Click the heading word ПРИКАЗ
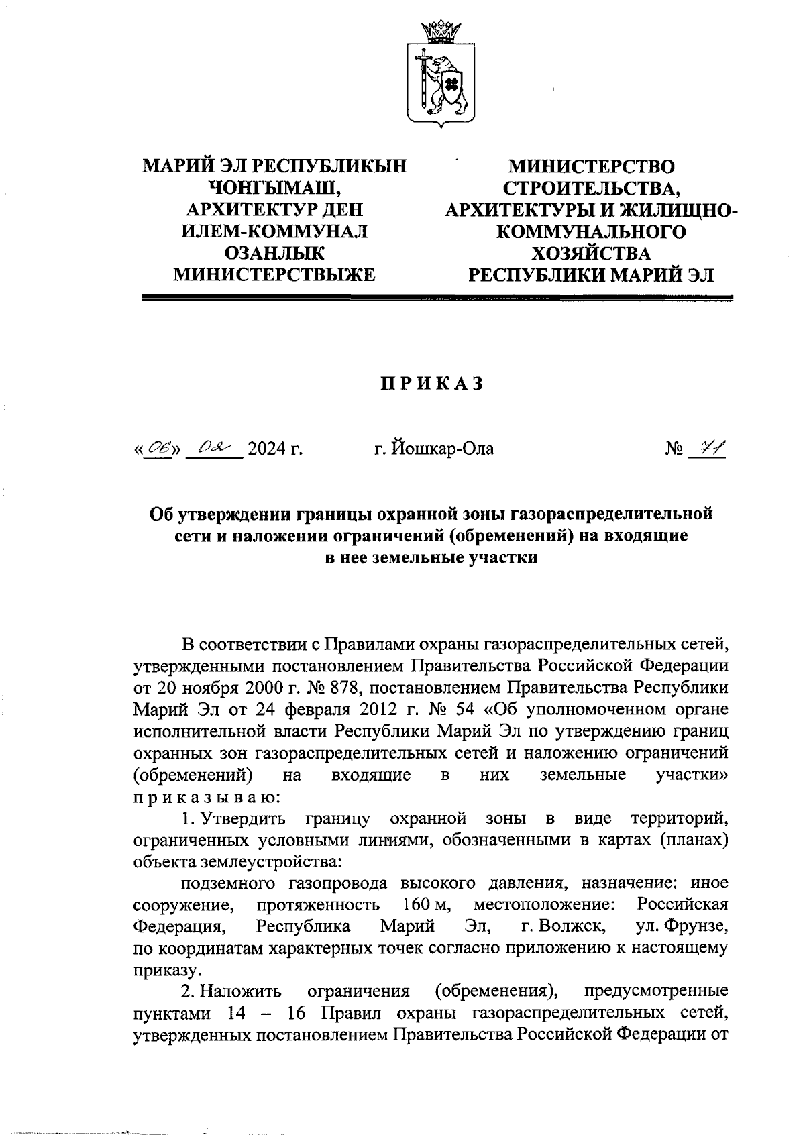pyautogui.click(x=432, y=384)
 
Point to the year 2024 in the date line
pyautogui.click(x=266, y=449)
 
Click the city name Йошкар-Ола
pyautogui.click(x=434, y=449)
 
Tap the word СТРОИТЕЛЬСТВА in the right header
pyautogui.click(x=592, y=187)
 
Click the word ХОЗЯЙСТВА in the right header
pyautogui.click(x=592, y=253)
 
